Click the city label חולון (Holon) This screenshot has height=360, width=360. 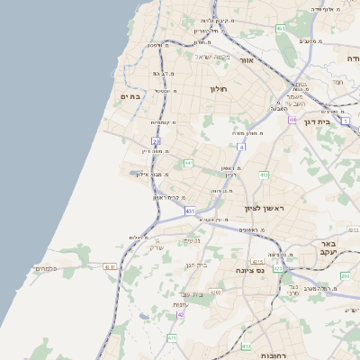(220, 89)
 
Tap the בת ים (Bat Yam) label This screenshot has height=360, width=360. (131, 96)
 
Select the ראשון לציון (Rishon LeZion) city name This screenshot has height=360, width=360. (264, 208)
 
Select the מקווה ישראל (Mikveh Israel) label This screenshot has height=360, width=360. (212, 58)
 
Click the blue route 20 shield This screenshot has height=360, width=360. (156, 141)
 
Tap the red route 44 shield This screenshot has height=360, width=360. (292, 119)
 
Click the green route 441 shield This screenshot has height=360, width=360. (188, 163)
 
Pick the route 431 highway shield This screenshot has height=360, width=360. (190, 211)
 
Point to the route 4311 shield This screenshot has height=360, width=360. (110, 266)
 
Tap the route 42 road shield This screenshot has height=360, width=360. (181, 314)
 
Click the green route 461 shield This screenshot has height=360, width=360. (281, 29)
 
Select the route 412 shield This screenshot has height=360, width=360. (264, 175)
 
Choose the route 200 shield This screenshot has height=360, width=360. (345, 275)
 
